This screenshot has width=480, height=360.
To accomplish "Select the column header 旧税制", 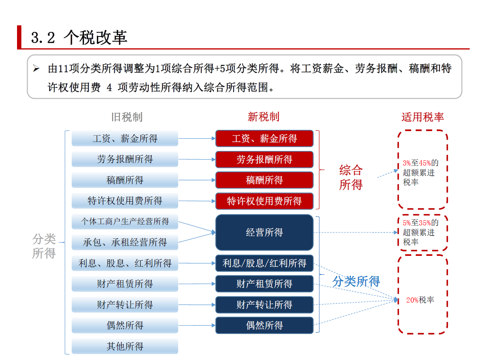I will point(127,117).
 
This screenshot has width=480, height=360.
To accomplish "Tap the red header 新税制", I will point(264,117).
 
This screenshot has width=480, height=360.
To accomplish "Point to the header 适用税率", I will point(423,117).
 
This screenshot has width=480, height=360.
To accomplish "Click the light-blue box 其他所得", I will point(125,347).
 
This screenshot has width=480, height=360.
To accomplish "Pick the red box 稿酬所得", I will point(264,180).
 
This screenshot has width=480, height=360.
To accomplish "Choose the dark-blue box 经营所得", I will point(264,232).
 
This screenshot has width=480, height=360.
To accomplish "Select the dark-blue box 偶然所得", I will point(264,326).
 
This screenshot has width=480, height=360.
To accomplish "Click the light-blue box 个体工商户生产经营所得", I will point(125,221).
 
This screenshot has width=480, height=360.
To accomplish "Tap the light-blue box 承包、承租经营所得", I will point(125,242).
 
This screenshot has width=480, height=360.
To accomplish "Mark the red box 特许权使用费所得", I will point(264,201).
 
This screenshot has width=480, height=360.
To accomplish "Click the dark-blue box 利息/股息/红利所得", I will point(264,263).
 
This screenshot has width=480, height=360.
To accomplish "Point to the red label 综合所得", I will point(351,177).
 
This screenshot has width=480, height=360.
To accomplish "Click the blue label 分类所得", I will point(356,282).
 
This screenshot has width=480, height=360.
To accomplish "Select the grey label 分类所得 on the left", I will point(44,246).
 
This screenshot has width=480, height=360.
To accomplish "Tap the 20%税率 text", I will point(420,300).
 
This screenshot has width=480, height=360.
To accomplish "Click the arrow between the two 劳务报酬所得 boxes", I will point(197,160).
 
